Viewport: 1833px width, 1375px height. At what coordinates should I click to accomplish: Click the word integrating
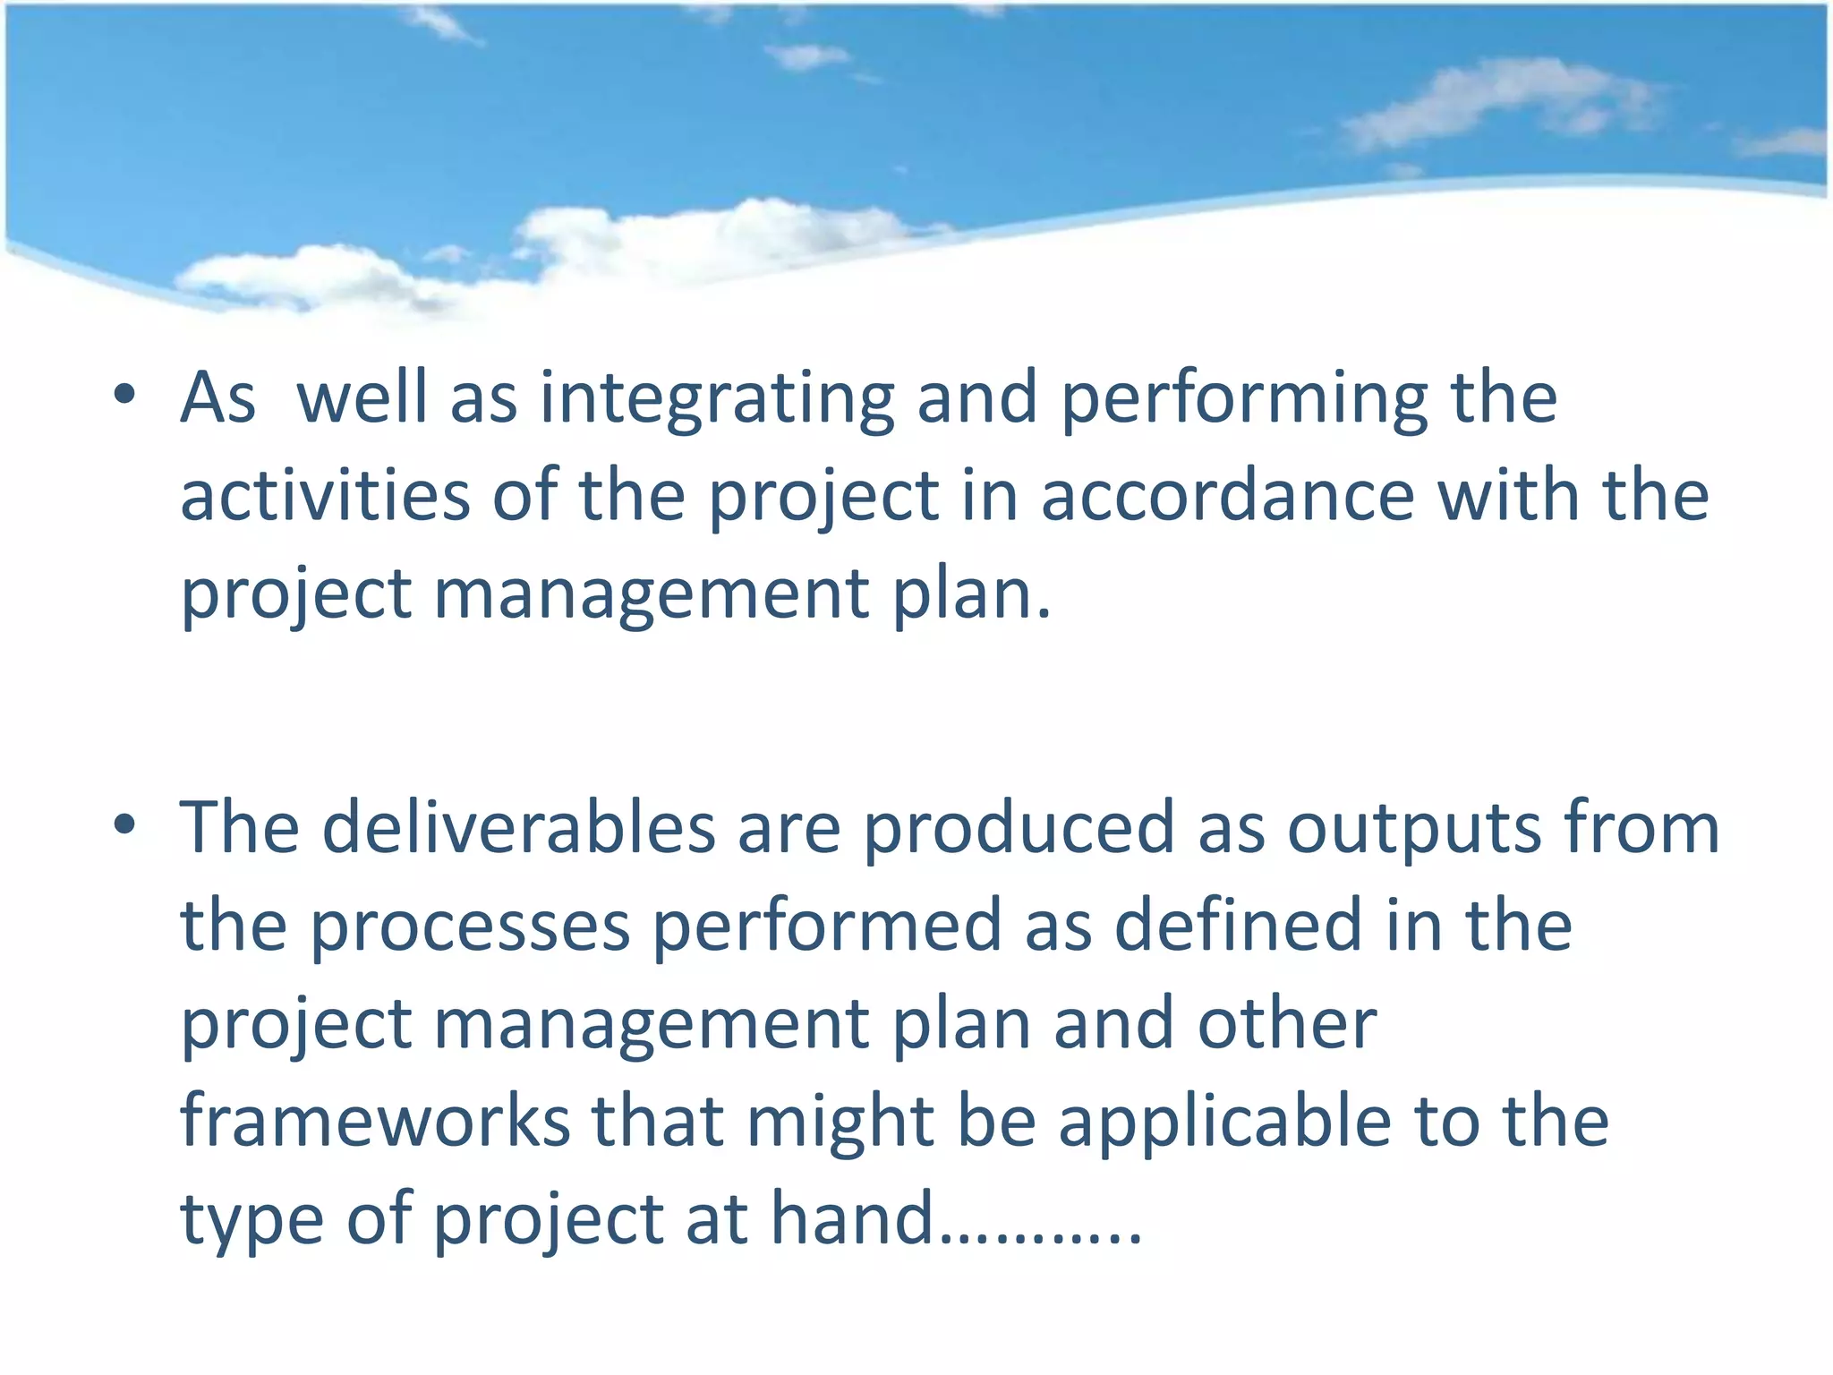click(x=717, y=400)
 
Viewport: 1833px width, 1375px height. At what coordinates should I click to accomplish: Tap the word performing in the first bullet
click(x=1245, y=400)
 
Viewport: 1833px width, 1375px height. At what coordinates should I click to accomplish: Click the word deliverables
click(x=519, y=827)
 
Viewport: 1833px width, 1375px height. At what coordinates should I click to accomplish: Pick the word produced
click(x=1019, y=827)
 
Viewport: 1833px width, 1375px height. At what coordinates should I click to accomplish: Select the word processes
click(x=470, y=926)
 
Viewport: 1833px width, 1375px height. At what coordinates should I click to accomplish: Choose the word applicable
click(x=1225, y=1123)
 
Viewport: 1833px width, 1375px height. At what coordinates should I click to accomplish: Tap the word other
click(x=1287, y=1023)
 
